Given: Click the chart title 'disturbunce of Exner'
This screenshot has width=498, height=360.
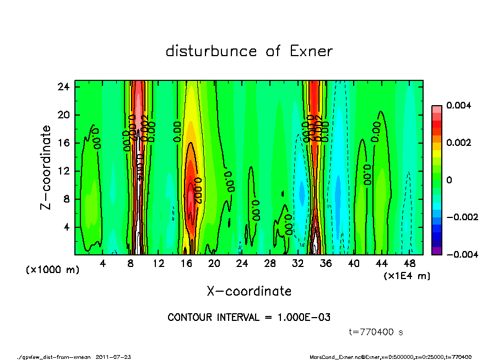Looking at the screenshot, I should click(249, 51).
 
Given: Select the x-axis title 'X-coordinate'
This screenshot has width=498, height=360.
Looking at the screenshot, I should click(249, 291).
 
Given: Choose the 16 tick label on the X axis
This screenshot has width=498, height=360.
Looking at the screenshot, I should click(186, 264).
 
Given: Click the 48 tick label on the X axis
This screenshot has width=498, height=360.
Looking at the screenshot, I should click(410, 264).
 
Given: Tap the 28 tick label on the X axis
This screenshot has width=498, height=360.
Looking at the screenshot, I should click(270, 264).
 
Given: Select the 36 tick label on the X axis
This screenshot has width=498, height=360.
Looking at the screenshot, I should click(326, 264).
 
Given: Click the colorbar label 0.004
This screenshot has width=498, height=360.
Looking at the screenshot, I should click(457, 105).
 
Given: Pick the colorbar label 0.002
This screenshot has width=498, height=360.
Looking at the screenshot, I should click(457, 143).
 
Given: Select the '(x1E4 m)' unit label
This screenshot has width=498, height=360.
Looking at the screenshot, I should click(407, 275).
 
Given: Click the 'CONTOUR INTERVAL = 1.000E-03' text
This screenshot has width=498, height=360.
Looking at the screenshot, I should click(249, 318).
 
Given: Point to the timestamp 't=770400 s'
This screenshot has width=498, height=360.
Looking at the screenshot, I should click(377, 332).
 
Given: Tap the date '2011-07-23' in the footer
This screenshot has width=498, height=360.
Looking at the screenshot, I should click(113, 357).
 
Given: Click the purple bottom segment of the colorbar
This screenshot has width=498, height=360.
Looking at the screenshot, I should click(436, 250).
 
